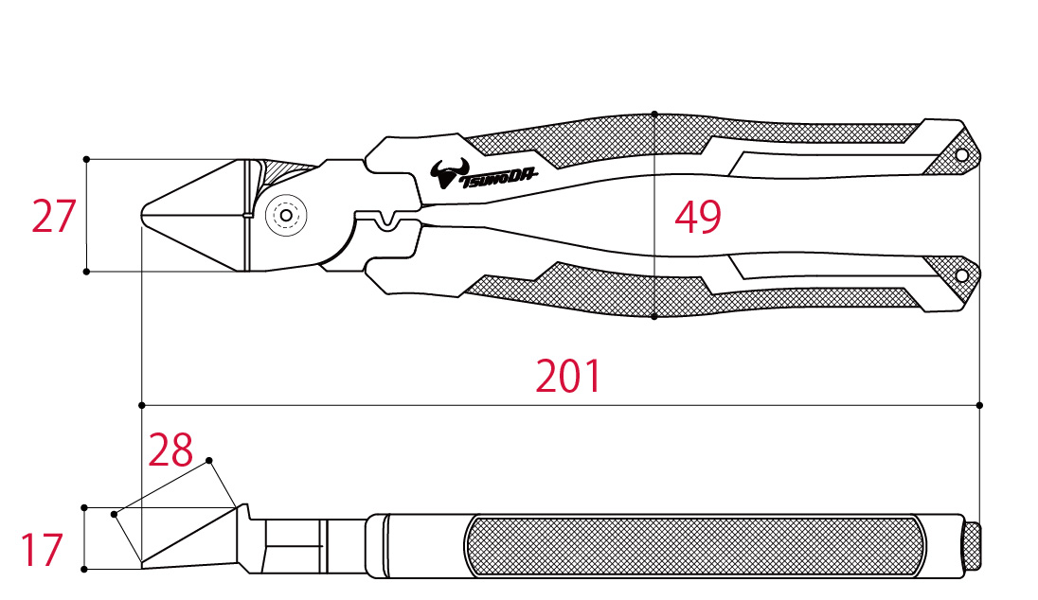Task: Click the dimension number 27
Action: pos(54,217)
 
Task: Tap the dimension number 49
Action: pos(698,217)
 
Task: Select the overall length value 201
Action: pos(568,376)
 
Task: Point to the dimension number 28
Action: pos(170,450)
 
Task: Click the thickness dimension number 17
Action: pos(42,550)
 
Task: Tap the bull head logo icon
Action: pos(450,173)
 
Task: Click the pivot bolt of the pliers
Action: pos(286,215)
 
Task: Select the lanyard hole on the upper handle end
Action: pos(962,155)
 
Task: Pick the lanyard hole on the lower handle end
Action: pos(962,275)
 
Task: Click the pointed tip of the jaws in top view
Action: pos(142,215)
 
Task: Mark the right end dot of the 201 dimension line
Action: pos(979,405)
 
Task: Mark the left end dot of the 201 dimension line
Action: pos(142,405)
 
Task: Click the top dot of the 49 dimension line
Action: pos(654,114)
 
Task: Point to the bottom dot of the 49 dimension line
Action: pos(654,317)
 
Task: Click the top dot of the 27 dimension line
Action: pos(86,159)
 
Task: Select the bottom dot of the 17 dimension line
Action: pos(84,569)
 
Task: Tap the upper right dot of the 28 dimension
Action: pos(209,461)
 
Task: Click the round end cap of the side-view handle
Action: pos(972,546)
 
